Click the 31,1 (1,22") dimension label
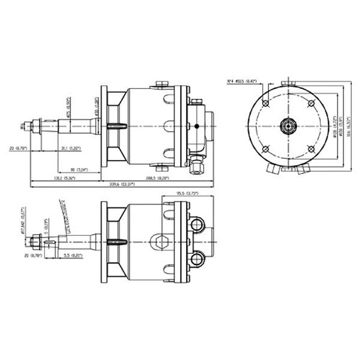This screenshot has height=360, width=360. (x=71, y=148)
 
